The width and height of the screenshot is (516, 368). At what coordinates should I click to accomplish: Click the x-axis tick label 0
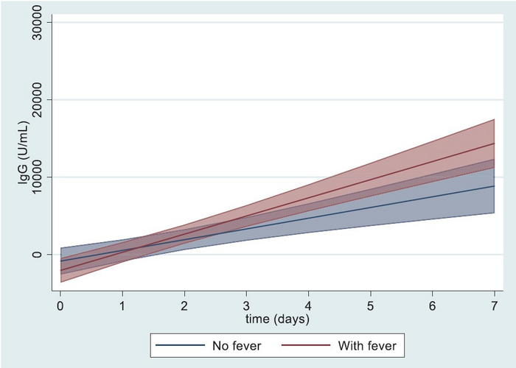60,305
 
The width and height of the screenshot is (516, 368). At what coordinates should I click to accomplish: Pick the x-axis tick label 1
122,305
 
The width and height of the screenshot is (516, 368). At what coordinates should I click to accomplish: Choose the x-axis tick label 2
184,305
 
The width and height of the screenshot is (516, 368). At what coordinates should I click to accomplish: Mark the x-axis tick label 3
246,305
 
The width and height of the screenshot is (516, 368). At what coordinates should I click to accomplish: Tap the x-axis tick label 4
308,305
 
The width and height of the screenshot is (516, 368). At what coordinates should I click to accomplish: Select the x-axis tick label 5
370,305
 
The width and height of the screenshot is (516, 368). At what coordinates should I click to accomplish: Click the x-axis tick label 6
432,305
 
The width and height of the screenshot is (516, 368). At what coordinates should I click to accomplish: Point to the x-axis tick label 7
494,305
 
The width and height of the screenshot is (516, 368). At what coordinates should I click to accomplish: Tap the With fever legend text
366,344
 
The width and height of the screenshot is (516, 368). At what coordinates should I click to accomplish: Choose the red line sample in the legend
306,344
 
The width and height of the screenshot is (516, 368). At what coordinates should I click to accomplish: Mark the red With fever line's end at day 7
494,144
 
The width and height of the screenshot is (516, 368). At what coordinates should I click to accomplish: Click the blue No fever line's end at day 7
494,186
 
